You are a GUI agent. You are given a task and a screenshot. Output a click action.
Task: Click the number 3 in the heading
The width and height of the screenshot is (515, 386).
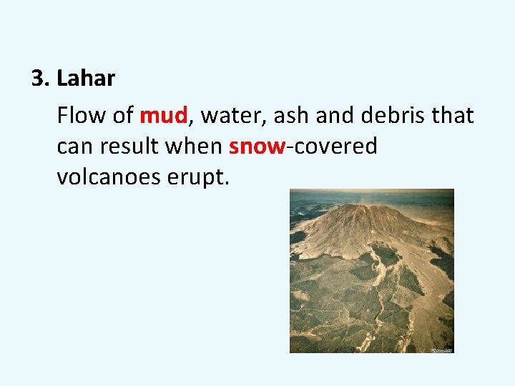39,79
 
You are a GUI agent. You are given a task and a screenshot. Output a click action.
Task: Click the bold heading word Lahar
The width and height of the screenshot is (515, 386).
86,79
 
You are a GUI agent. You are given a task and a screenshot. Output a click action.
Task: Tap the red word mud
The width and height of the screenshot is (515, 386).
164,115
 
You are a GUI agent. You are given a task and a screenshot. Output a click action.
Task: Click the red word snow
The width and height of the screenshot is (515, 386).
257,147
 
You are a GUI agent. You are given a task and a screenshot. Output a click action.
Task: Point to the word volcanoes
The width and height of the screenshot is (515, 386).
112,177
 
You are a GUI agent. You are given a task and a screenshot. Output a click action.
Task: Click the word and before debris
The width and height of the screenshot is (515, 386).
328,115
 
